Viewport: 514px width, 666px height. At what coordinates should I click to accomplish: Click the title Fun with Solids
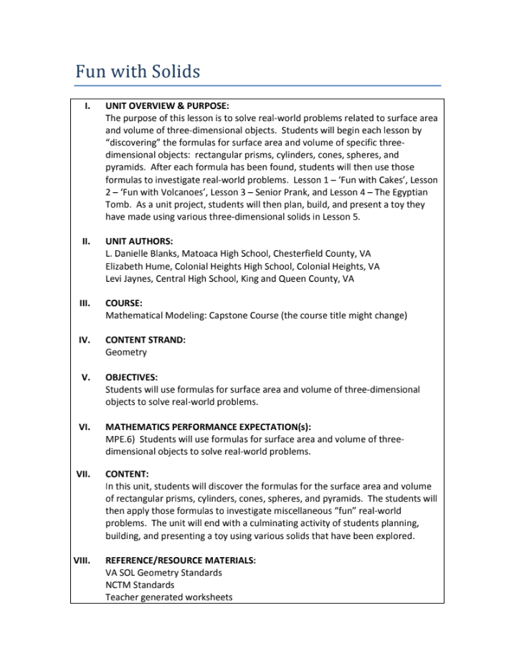138,72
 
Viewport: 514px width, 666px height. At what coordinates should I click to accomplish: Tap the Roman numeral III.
85,303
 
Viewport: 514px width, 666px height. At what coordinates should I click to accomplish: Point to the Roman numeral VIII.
82,560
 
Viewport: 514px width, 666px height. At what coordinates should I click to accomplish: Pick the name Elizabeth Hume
136,266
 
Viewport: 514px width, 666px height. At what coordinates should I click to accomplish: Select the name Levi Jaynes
129,278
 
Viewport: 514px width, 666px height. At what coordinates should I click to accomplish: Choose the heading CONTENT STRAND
145,340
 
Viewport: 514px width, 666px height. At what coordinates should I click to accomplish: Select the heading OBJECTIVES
131,377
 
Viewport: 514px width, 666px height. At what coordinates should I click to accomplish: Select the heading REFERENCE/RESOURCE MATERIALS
181,560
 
